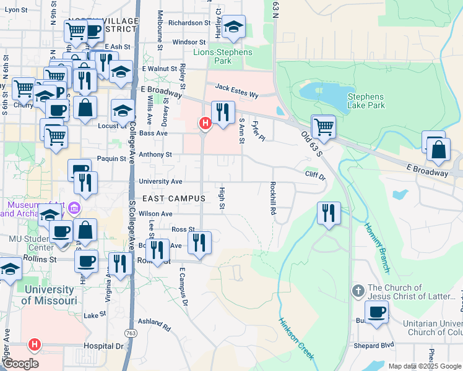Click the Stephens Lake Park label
click(365, 101)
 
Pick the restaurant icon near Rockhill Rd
click(329, 213)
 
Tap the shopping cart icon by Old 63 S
click(323, 127)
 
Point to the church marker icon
click(358, 291)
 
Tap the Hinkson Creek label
click(296, 339)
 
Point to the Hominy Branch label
click(377, 247)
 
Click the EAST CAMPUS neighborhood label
click(173, 198)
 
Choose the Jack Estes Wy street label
click(236, 90)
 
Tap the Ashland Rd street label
click(154, 323)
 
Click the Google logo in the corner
click(20, 364)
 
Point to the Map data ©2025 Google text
click(424, 366)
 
